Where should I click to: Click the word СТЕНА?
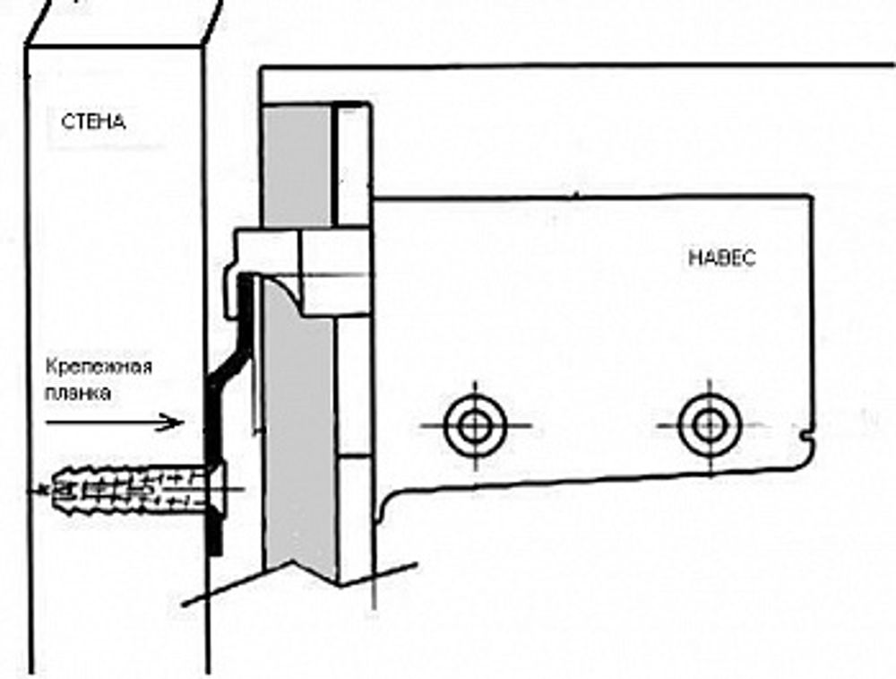click(93, 121)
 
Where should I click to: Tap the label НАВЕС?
click(721, 258)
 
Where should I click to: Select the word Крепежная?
click(99, 367)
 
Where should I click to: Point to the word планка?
click(78, 394)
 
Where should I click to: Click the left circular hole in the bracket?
click(475, 426)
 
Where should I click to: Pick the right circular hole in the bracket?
click(710, 425)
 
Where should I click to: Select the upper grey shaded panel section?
click(297, 166)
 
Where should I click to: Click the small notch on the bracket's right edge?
click(806, 438)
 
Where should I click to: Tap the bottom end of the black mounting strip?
click(214, 552)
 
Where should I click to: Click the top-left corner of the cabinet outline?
click(262, 69)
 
